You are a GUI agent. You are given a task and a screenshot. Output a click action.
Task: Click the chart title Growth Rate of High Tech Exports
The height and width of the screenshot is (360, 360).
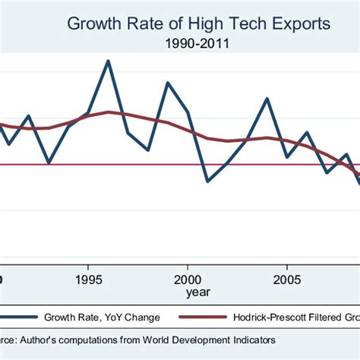point(199,24)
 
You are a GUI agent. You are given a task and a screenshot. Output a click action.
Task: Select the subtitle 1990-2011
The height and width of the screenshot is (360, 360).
point(199,44)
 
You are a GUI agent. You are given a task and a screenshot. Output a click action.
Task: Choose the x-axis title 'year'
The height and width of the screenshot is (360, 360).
point(199,291)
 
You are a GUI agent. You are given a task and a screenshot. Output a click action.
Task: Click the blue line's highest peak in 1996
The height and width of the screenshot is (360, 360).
point(109,61)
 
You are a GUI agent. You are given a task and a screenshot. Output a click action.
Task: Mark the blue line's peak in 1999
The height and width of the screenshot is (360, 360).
point(168,83)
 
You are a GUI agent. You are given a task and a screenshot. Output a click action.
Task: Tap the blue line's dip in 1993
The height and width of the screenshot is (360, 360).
point(49,163)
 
